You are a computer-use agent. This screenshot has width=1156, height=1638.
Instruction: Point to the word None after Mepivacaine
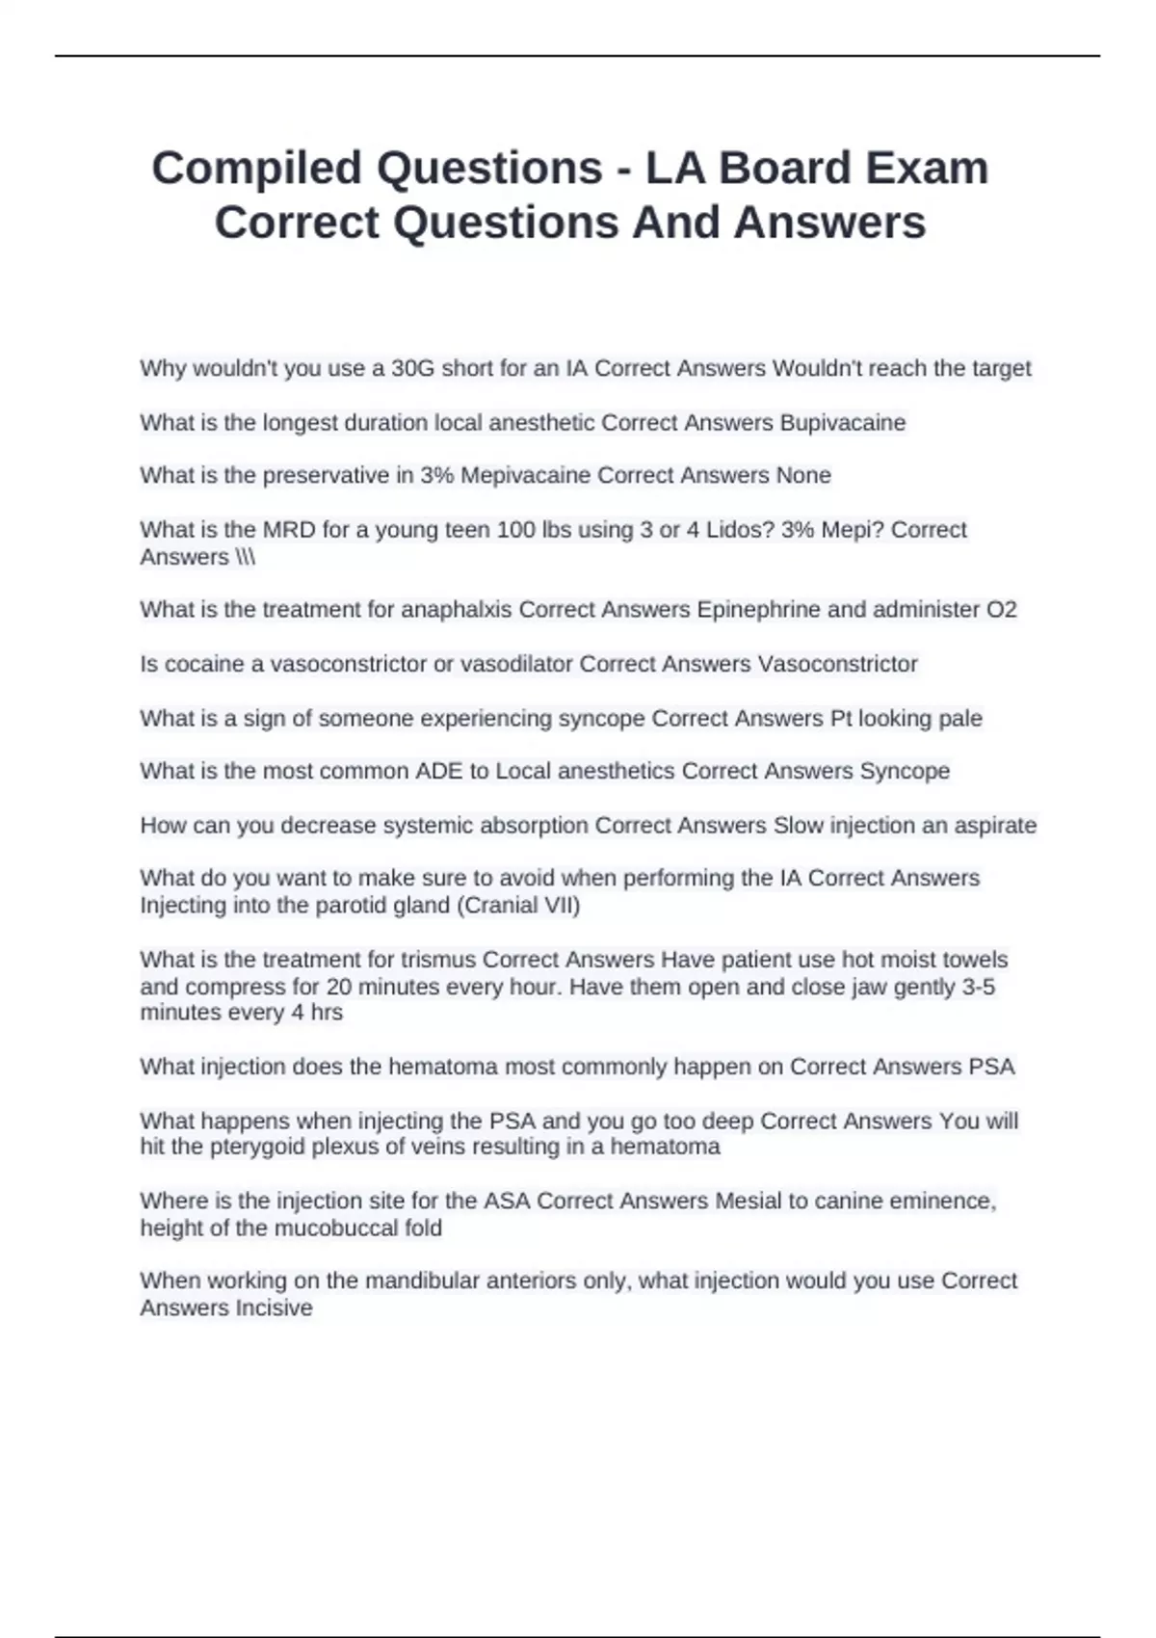point(803,475)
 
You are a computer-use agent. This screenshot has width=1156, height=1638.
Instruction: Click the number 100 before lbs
point(515,530)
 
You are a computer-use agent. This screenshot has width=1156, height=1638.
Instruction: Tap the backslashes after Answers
point(245,557)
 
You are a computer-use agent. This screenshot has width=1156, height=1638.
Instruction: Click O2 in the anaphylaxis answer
point(1001,610)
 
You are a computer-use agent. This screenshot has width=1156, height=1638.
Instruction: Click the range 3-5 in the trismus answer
point(978,987)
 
